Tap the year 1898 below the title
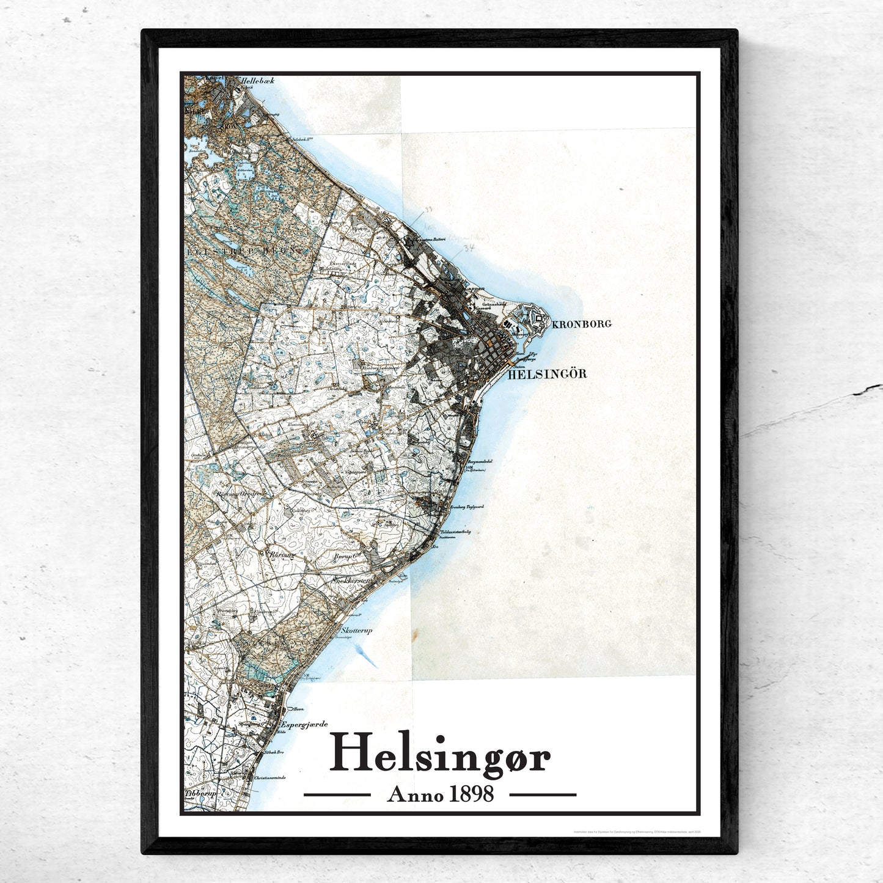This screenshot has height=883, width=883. click(471, 794)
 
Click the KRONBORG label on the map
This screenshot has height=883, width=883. click(581, 324)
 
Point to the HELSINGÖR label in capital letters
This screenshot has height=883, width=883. click(547, 373)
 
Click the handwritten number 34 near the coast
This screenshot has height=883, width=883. click(469, 248)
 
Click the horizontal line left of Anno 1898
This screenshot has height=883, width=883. click(337, 795)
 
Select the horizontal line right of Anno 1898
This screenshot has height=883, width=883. click(543, 795)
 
